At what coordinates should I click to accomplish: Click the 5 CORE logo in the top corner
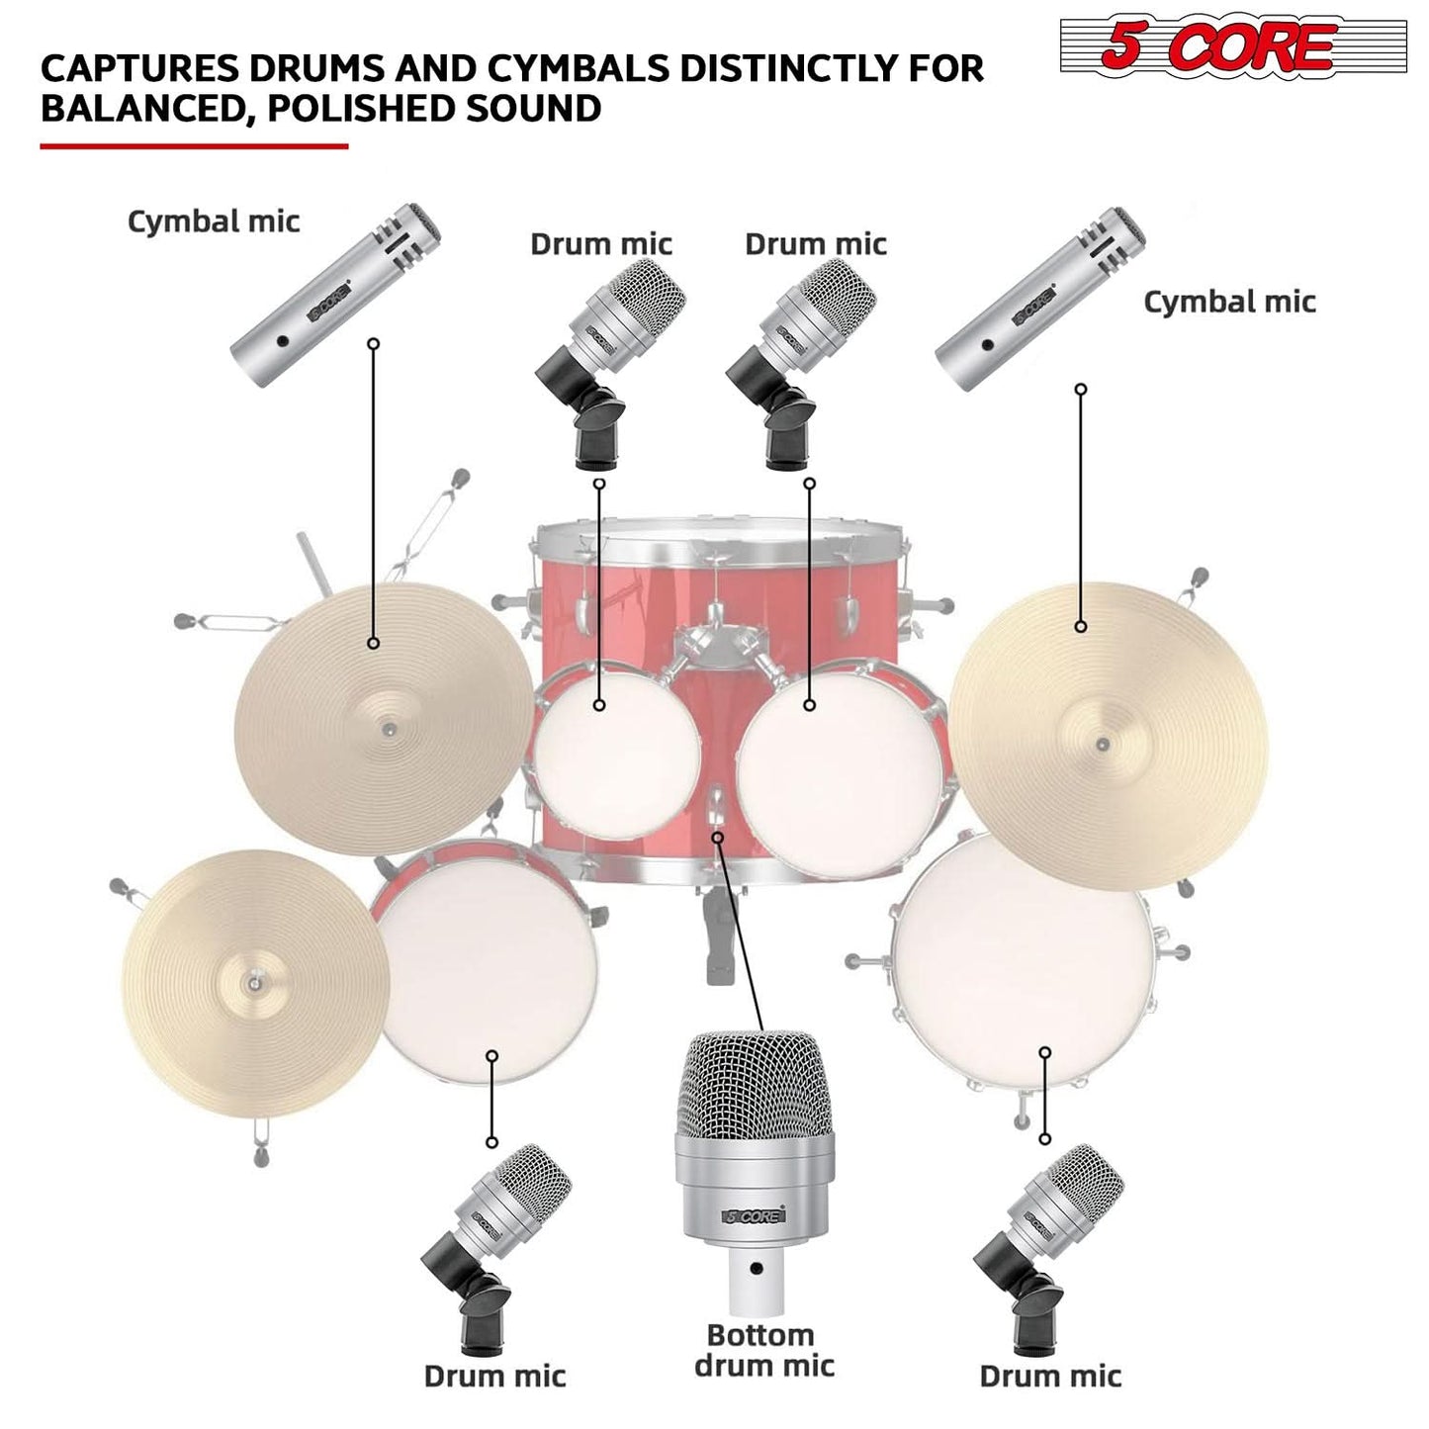point(1218,45)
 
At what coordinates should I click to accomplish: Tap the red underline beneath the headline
point(194,146)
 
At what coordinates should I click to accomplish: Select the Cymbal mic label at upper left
point(214,221)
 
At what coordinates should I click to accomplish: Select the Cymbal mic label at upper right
point(1229,302)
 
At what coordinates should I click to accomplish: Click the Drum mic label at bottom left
point(494,1376)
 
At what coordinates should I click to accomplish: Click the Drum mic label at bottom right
point(1050,1376)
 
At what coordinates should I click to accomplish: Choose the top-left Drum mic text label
point(601,244)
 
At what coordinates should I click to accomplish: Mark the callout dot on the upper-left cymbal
point(374,643)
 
